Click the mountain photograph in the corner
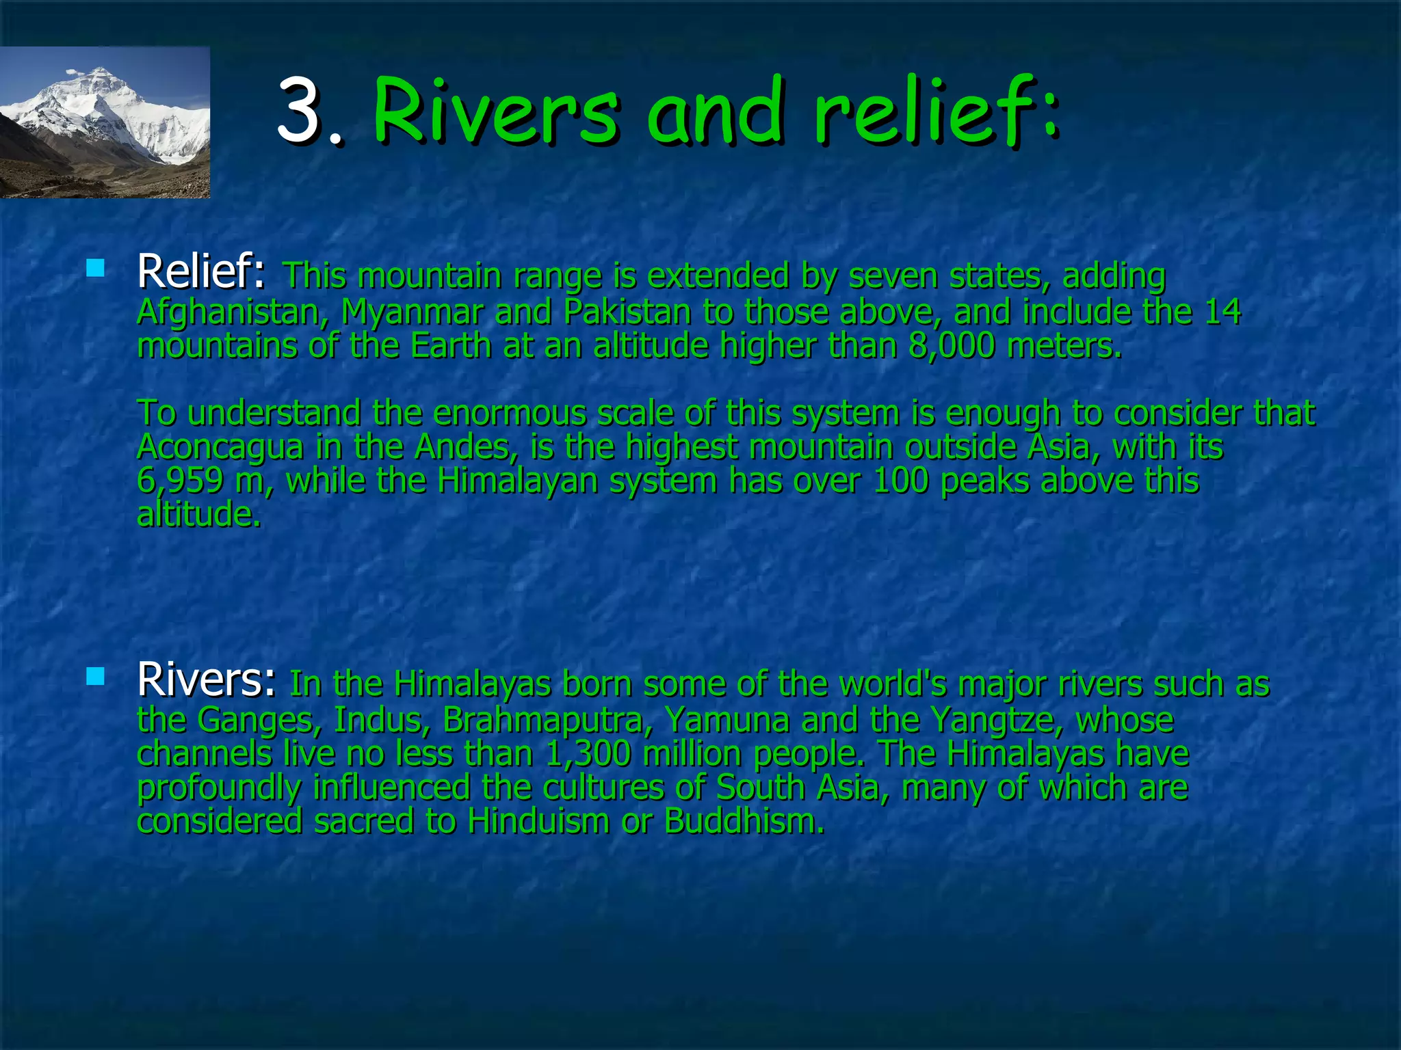coord(105,122)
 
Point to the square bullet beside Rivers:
coord(96,677)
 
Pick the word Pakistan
coord(627,312)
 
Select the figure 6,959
coord(180,481)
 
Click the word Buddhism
coord(744,821)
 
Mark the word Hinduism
coord(538,821)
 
